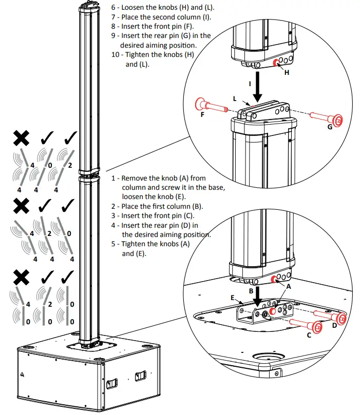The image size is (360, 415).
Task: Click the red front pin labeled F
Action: click(x=211, y=106)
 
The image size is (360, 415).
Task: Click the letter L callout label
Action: click(x=235, y=97)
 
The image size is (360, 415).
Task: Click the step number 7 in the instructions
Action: click(x=113, y=17)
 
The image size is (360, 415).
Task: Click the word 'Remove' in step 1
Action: click(x=135, y=178)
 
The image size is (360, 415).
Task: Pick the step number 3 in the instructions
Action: click(x=114, y=215)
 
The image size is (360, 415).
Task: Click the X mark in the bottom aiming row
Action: click(x=21, y=278)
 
